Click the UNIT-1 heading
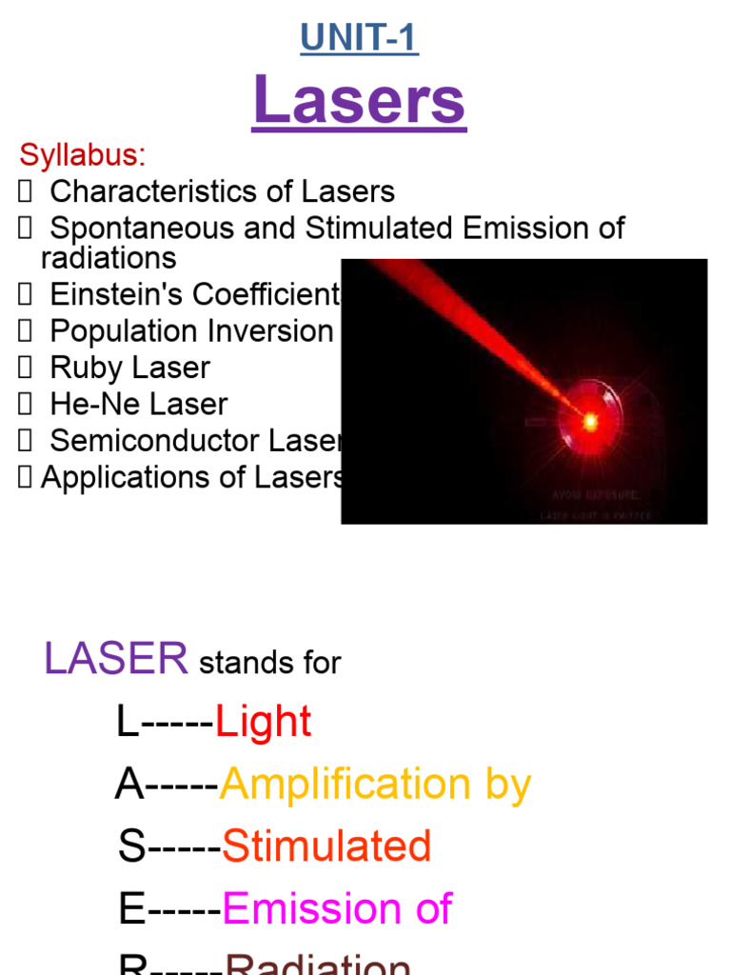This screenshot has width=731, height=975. point(359,39)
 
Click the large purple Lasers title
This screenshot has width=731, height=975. point(359,102)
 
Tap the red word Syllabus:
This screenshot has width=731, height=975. point(83,155)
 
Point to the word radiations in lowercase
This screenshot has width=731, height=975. point(108,258)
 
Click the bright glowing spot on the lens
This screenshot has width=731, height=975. point(590,419)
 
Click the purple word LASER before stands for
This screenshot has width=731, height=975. point(115,659)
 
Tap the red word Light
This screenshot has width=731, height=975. point(264,723)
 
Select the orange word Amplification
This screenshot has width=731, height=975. point(345,786)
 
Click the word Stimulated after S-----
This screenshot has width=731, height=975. point(326,846)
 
